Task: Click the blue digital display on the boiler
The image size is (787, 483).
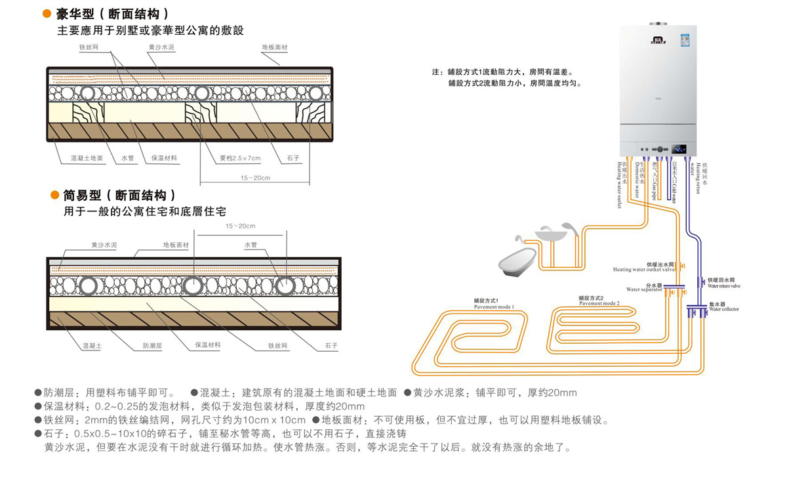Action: click(x=679, y=148)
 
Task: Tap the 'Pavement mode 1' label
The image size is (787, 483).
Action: click(x=494, y=304)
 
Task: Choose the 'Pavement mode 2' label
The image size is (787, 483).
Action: click(x=599, y=301)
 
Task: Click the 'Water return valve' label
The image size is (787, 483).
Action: click(x=723, y=283)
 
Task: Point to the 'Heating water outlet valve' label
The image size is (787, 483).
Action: click(x=644, y=266)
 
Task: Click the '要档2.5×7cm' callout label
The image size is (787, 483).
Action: click(x=239, y=158)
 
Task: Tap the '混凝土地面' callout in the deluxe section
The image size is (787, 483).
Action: click(x=87, y=158)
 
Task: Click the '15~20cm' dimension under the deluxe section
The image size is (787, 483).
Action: click(x=255, y=178)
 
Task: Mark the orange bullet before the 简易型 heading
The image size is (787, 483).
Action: click(x=55, y=196)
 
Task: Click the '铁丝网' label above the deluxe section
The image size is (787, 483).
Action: click(x=89, y=48)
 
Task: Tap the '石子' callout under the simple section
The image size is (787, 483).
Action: click(x=331, y=345)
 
